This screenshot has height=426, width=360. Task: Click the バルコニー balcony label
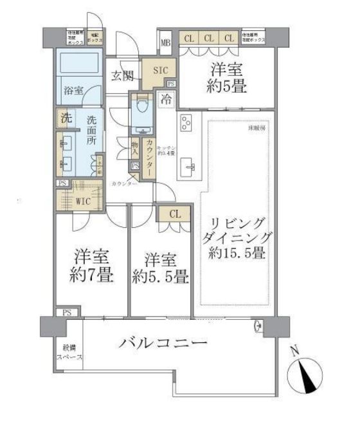[163, 342]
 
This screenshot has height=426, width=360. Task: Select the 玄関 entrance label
[122, 76]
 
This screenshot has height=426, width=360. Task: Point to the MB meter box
[165, 44]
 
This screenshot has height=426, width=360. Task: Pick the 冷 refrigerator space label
[166, 100]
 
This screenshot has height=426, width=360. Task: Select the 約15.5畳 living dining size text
[237, 253]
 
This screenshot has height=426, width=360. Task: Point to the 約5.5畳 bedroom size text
[160, 277]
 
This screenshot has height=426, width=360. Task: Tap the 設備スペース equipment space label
[67, 353]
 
